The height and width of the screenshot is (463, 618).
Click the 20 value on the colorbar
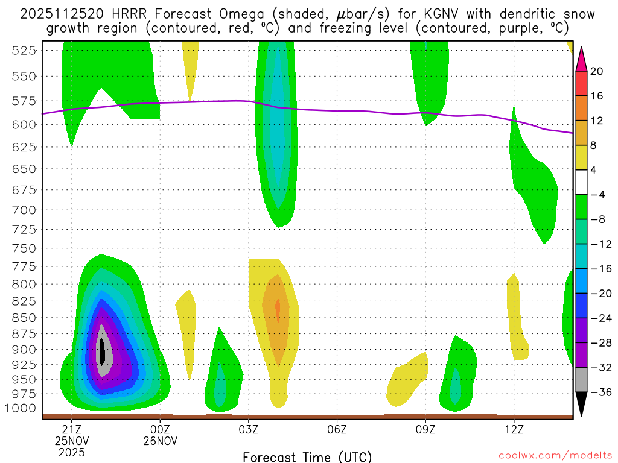click(x=597, y=71)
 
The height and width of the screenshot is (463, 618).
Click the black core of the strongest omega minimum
click(x=103, y=350)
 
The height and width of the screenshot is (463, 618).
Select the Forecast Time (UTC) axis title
click(x=307, y=456)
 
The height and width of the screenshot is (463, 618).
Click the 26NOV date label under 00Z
click(x=160, y=440)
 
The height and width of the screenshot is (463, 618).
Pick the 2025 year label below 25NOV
click(x=72, y=452)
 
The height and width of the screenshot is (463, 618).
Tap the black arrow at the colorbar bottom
click(x=581, y=405)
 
